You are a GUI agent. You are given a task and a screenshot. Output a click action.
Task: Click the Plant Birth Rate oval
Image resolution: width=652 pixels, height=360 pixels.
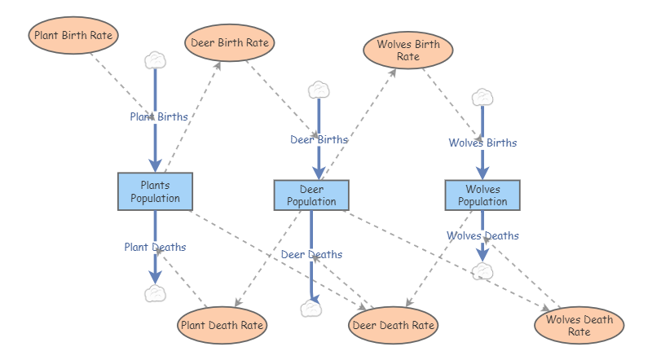point(73,36)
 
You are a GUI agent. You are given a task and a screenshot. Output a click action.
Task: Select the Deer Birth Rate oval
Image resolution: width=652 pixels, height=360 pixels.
point(230,43)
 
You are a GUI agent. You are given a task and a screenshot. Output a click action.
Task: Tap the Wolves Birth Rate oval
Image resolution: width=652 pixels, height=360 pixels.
point(407,50)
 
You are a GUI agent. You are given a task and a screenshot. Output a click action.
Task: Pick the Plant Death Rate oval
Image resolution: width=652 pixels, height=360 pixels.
point(222,325)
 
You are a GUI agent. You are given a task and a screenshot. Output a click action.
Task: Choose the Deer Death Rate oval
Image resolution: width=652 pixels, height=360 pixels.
point(394,326)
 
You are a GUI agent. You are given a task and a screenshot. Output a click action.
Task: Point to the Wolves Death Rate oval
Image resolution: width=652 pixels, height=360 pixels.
point(579,325)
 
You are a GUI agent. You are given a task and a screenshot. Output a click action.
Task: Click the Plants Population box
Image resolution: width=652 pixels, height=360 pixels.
point(155,191)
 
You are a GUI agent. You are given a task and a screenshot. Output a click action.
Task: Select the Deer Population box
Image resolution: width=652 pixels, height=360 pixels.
point(311,195)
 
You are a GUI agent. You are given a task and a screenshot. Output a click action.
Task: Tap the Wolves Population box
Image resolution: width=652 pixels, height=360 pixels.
point(482,195)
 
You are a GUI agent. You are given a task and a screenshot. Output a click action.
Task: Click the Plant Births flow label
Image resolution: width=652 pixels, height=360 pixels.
point(159,116)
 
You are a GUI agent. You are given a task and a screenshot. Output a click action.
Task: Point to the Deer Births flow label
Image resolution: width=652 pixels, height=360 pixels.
point(319,139)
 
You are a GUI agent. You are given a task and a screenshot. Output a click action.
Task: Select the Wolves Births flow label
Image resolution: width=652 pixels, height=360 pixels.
point(482,143)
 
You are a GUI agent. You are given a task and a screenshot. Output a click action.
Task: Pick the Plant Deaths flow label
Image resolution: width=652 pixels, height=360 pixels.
point(155,247)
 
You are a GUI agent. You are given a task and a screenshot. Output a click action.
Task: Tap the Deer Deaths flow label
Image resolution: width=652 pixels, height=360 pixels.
point(311,254)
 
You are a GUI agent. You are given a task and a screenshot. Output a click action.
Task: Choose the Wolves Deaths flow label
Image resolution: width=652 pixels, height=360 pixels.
point(482,235)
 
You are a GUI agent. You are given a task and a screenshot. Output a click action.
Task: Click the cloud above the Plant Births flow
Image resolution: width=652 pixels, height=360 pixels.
point(155,59)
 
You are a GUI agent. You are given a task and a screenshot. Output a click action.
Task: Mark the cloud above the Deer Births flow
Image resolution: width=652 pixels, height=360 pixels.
point(319,89)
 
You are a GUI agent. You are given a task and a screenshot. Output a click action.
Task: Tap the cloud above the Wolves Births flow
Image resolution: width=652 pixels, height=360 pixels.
point(482,97)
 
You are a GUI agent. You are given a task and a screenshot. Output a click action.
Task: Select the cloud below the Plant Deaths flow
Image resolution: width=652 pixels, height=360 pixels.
point(155,294)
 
